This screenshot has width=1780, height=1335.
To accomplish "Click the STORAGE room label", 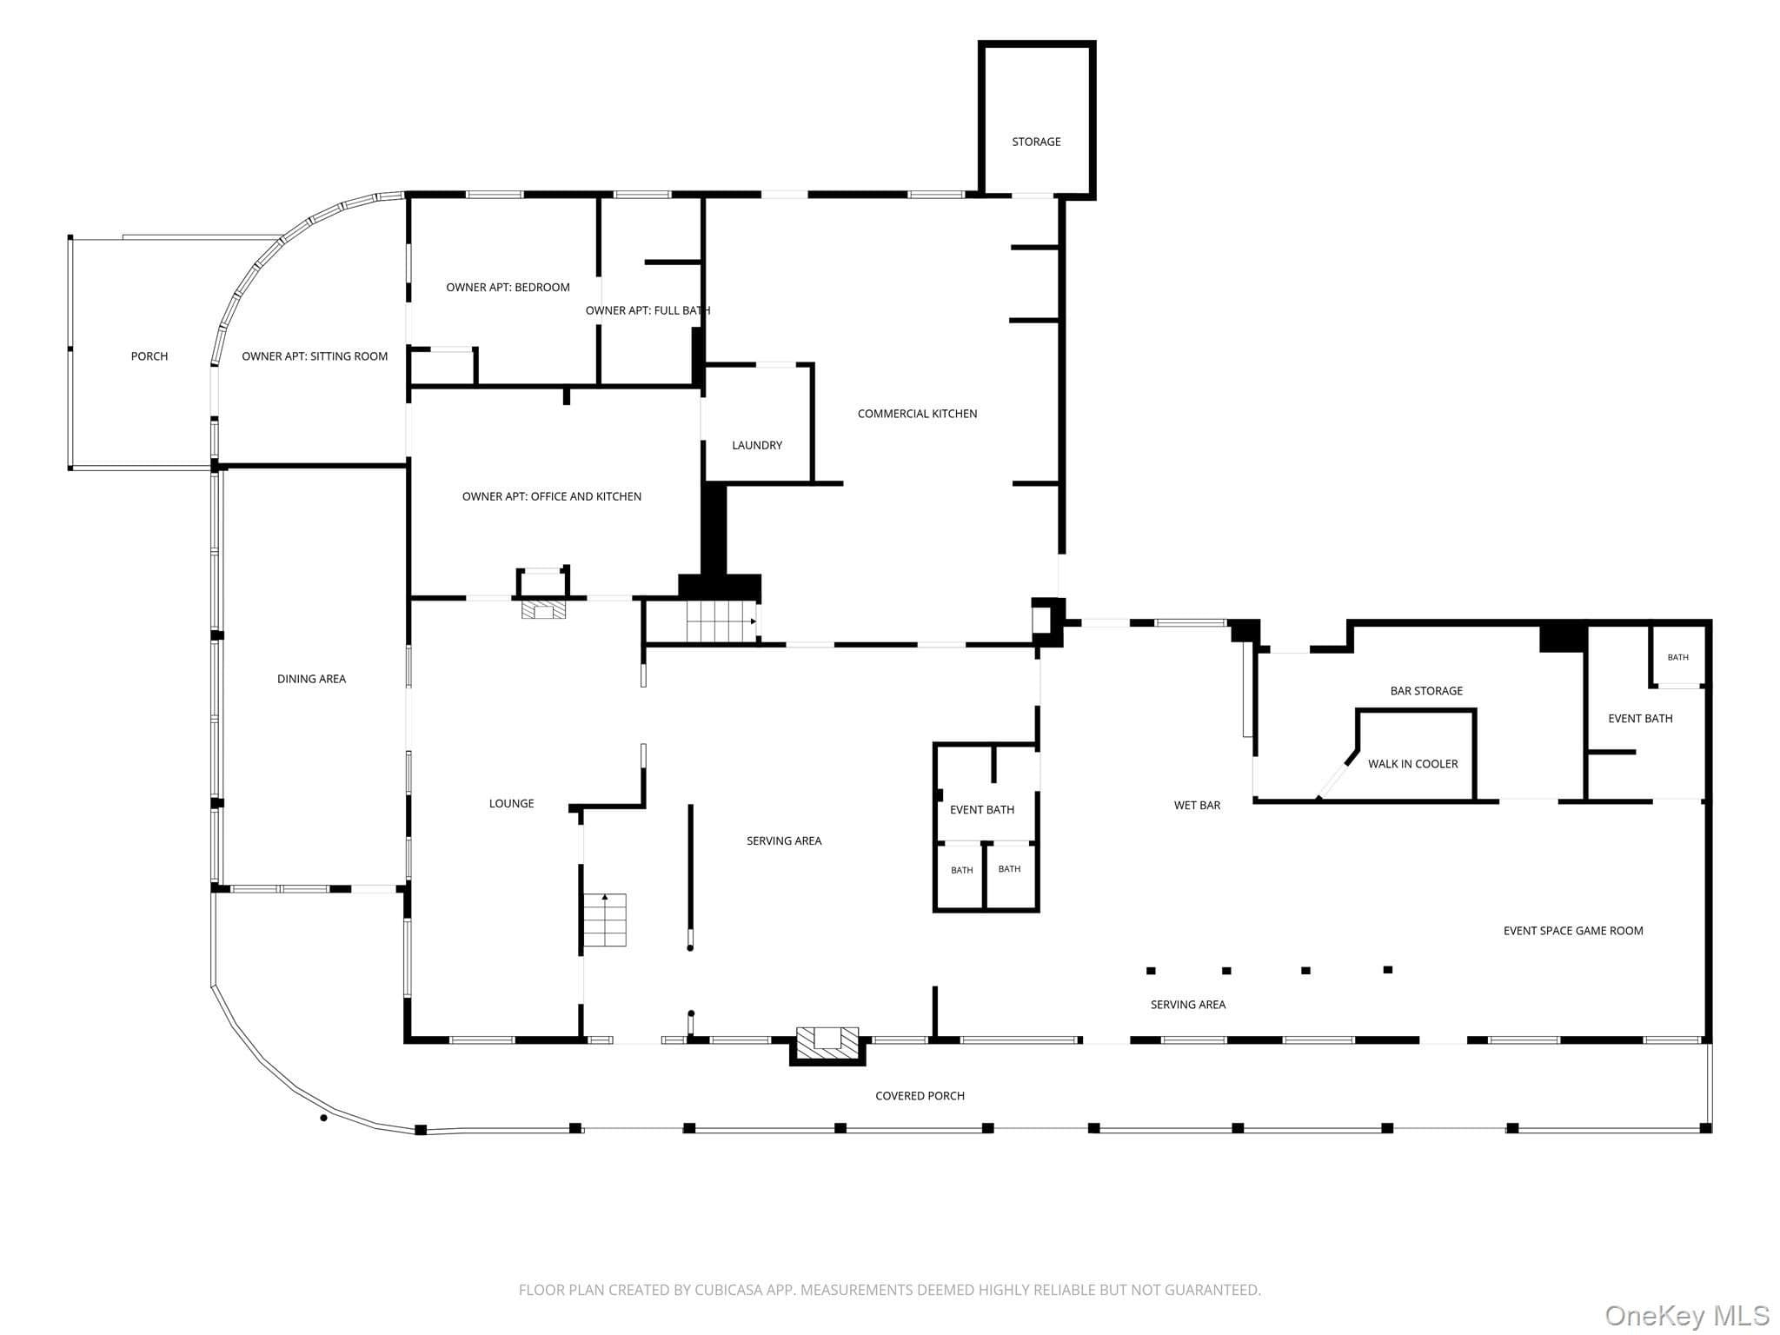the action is [1036, 142].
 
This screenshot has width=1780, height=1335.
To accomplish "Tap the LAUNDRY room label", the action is [757, 445].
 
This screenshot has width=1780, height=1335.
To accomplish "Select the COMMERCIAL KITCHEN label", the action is [917, 414].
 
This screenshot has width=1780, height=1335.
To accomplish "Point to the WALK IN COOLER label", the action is [1413, 764].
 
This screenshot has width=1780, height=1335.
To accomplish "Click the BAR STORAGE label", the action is [1426, 691].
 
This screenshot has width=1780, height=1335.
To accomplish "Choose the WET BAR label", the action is [1197, 806].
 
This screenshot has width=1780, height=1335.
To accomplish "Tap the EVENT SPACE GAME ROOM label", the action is [1573, 931].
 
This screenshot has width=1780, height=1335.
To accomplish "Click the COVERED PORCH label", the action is [920, 1096].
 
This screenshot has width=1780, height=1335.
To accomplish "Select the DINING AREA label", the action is [311, 679].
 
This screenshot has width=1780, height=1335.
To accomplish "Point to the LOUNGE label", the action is [511, 804].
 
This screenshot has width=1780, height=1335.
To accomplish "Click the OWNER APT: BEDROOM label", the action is [508, 288].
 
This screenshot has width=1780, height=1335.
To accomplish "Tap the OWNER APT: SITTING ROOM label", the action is [315, 356].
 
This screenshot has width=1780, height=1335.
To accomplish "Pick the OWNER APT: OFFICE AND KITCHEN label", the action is [552, 497].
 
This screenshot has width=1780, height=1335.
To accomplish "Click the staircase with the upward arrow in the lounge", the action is [605, 920].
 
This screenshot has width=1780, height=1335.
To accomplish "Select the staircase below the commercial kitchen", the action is [721, 621].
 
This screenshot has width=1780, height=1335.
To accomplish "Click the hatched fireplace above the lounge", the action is [543, 608].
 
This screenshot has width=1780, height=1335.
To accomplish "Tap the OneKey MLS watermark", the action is [1686, 1315].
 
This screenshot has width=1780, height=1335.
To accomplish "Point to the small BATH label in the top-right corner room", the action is [1677, 657].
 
